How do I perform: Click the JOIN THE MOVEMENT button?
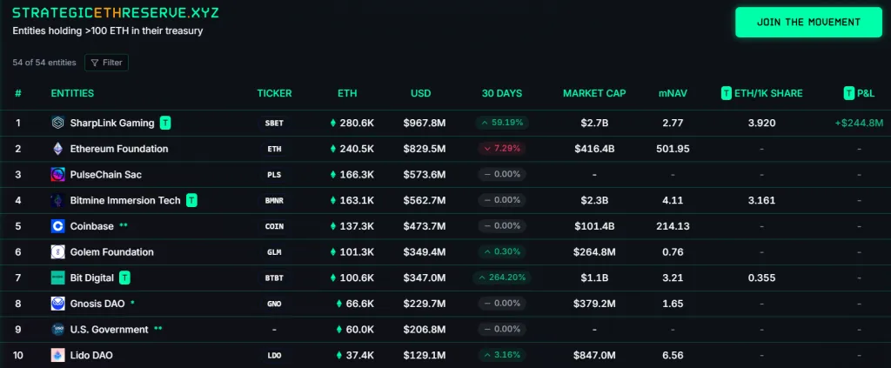pos(808,22)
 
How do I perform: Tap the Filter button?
pos(106,63)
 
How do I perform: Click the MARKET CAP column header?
pos(594,93)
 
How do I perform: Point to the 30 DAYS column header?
pos(502,93)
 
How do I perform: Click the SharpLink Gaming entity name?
pos(112,123)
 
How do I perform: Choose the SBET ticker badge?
pos(274,124)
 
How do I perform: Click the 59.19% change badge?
pos(502,123)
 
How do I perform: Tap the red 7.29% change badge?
pos(502,149)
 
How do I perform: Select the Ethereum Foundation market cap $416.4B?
pos(594,149)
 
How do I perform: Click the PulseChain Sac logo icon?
pos(57,175)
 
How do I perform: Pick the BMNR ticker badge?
pos(274,201)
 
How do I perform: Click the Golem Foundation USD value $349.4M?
pos(425,252)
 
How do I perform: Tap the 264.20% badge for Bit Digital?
pos(502,278)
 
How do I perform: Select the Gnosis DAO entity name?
pos(97,304)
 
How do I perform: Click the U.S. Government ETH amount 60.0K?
pos(355,330)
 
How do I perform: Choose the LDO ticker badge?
pos(274,356)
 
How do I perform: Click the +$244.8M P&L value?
pos(859,123)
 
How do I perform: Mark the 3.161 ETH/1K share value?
pos(761,201)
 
